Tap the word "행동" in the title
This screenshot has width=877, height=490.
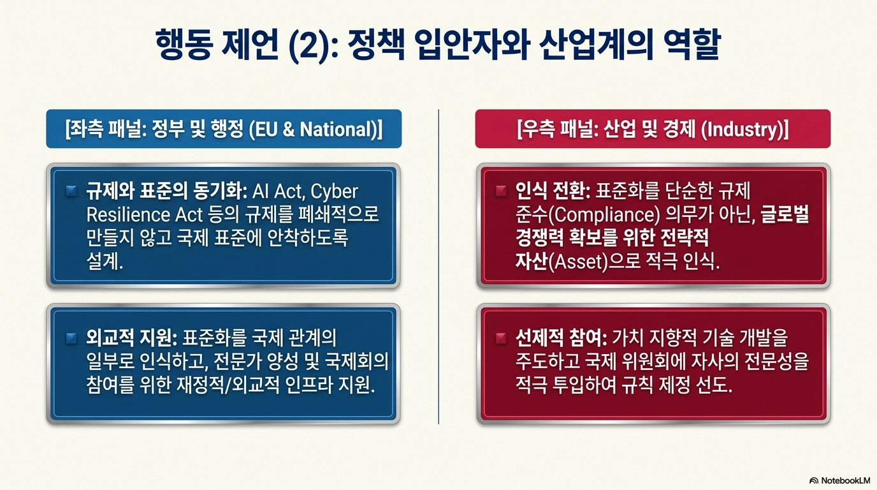pos(184,44)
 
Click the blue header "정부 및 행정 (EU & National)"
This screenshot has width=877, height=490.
pos(224,129)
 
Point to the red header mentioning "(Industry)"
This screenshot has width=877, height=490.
pos(653,129)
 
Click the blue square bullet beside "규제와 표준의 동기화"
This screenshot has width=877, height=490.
pos(71,191)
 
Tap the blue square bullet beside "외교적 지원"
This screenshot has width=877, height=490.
pos(71,338)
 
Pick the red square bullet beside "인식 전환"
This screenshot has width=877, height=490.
pos(501,191)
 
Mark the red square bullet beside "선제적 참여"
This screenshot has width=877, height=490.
pos(501,338)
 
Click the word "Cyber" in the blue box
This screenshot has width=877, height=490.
pos(334,192)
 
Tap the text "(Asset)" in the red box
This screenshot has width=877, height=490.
pos(578,262)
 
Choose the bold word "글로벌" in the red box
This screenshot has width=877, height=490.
pos(785,214)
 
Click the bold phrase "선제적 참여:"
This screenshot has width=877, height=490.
pos(561,338)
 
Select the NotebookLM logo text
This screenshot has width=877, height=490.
pos(840,480)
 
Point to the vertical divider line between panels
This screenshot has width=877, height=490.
pos(438,267)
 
